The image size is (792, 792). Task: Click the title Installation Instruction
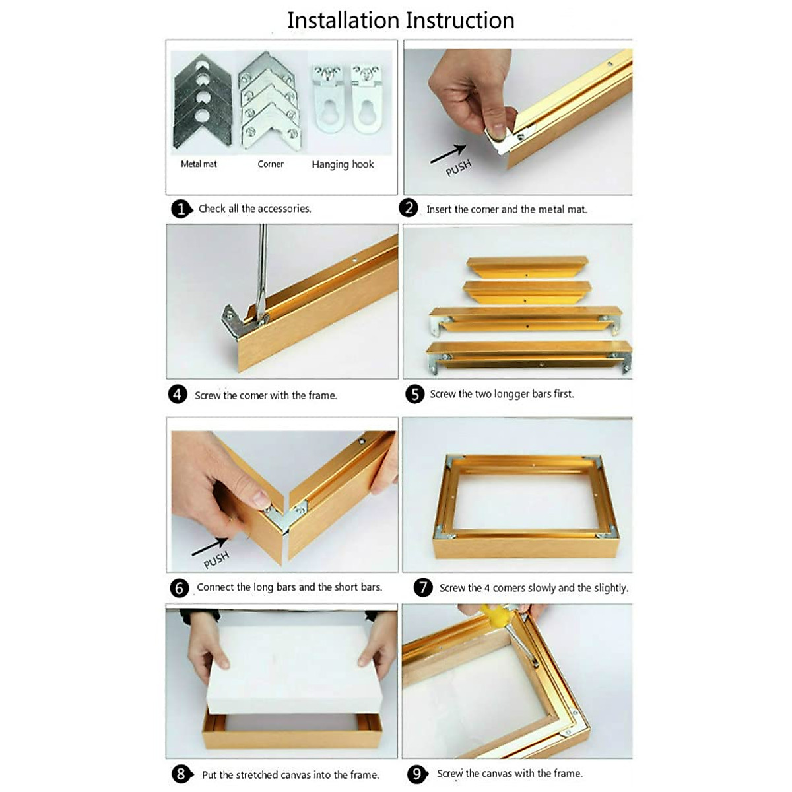(401, 20)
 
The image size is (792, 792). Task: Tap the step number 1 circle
(181, 209)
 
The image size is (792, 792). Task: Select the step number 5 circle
(414, 394)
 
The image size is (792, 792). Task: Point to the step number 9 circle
(416, 774)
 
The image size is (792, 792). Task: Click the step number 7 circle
(423, 587)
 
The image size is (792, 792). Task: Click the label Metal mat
(199, 164)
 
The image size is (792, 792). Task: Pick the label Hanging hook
(343, 164)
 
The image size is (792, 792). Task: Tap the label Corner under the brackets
(271, 164)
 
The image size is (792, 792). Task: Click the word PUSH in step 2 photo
(458, 168)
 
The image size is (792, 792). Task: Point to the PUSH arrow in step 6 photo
(209, 546)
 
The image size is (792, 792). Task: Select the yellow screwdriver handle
(495, 613)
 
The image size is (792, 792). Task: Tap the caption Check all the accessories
(255, 209)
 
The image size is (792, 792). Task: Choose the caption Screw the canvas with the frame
(510, 774)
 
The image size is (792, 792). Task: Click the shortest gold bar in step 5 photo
(527, 267)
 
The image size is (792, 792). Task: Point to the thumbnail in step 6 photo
(261, 498)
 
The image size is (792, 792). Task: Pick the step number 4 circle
(178, 395)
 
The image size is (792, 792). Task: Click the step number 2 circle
(408, 208)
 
